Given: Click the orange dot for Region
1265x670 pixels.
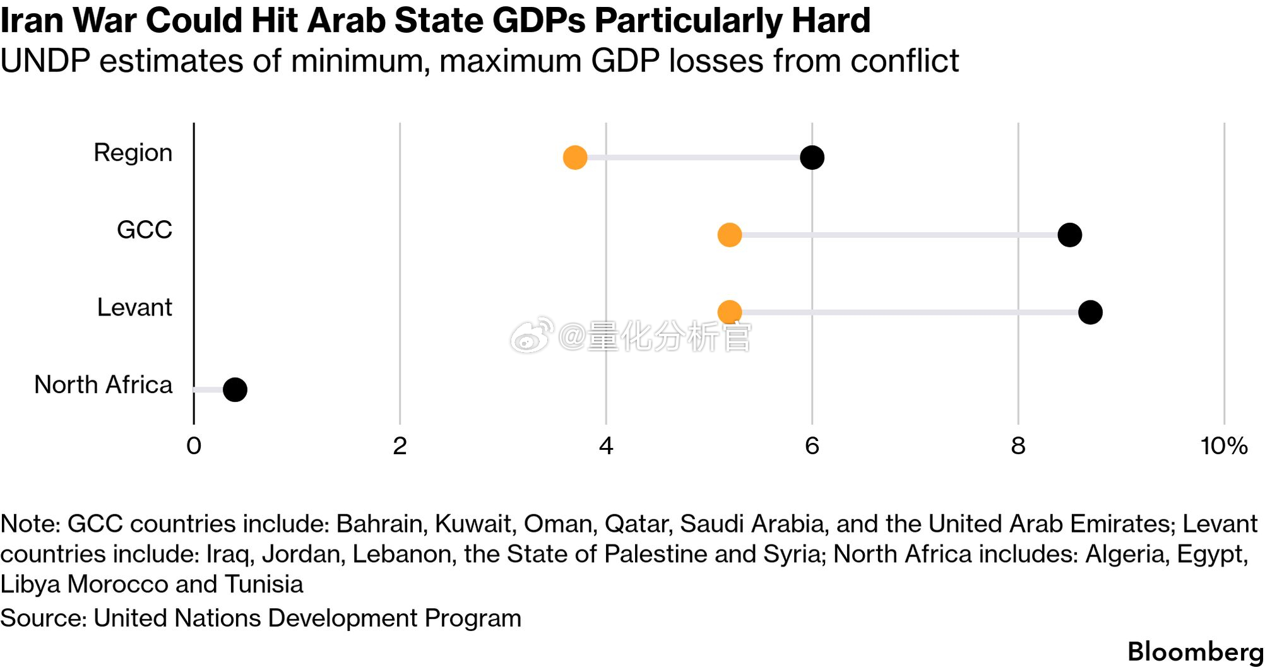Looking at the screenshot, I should click(574, 157).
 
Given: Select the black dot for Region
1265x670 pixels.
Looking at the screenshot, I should click(812, 157).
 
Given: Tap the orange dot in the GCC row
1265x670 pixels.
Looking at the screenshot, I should click(729, 235).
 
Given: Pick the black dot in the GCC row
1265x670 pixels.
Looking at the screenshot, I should click(1069, 235).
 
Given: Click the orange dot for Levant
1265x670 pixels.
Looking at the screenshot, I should click(729, 312).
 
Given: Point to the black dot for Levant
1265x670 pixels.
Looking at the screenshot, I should click(1090, 312).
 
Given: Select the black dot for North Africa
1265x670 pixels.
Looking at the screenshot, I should click(235, 389).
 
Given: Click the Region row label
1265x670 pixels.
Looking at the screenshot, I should click(133, 153).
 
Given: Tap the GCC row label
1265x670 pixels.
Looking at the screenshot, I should click(144, 230).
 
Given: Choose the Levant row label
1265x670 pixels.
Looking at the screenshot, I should click(134, 308).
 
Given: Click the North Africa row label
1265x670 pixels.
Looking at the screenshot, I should click(103, 385).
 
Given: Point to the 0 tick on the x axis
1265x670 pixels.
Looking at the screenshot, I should click(194, 446).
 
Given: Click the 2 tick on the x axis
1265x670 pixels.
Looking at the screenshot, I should click(400, 446).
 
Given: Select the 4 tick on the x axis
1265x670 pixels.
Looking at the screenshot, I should click(606, 446).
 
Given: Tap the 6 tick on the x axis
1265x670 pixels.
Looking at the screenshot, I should click(812, 446).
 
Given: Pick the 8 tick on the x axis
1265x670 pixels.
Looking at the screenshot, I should click(1018, 446).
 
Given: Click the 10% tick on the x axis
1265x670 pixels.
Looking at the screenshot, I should click(1223, 446).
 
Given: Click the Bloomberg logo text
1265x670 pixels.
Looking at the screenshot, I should click(1195, 652).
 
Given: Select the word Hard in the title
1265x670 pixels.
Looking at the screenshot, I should click(831, 20).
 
